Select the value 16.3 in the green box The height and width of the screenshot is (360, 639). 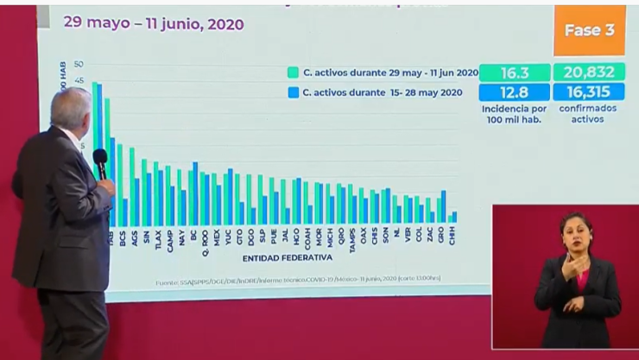[x=514, y=73]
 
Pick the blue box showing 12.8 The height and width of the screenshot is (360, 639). [x=514, y=92]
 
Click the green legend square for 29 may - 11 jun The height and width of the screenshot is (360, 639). [x=294, y=73]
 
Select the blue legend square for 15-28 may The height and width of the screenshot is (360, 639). [x=294, y=92]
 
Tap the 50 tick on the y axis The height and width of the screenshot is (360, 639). [x=79, y=65]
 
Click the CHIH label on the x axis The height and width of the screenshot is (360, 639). [x=453, y=236]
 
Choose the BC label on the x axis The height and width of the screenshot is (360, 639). [x=193, y=235]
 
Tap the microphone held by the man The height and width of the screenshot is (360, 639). [x=100, y=161]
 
